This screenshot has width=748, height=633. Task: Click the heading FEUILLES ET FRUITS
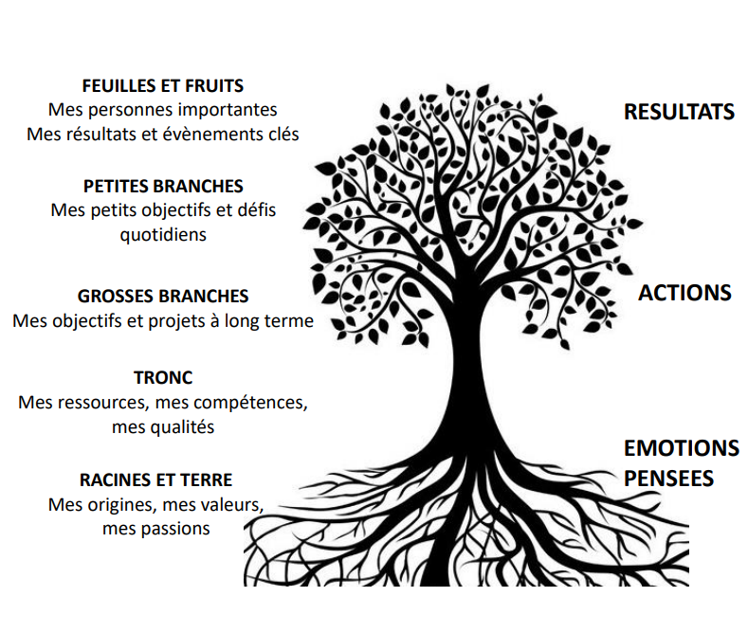[163, 86]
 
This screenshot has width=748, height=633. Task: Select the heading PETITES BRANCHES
[163, 186]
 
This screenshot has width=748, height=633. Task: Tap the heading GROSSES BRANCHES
[163, 296]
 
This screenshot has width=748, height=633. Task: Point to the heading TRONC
[163, 377]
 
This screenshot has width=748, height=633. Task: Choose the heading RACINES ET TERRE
[156, 479]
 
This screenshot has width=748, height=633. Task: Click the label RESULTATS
[680, 112]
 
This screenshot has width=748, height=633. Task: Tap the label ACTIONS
[684, 293]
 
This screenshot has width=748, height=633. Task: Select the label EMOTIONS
[682, 448]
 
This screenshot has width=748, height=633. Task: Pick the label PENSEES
[668, 479]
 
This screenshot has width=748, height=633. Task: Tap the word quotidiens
[163, 234]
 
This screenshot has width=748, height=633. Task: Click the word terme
[290, 321]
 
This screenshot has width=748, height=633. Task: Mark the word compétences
[250, 403]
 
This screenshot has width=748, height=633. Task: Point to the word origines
[120, 505]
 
